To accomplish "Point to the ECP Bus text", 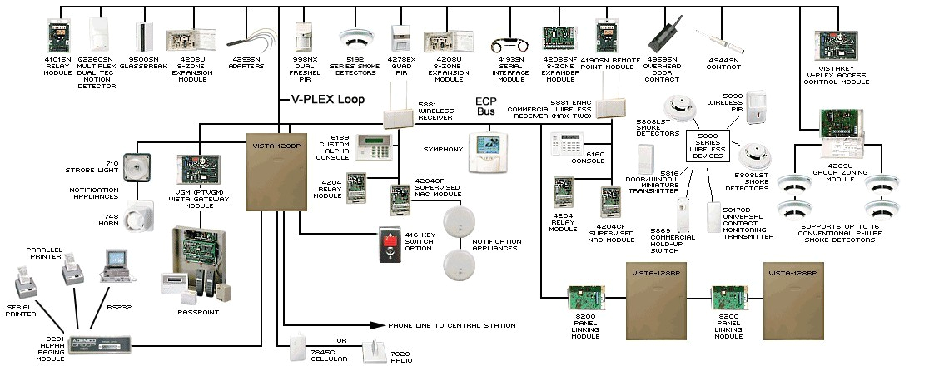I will (485, 106).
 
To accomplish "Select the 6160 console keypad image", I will (565, 143).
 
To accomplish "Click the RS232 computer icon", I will (114, 265).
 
